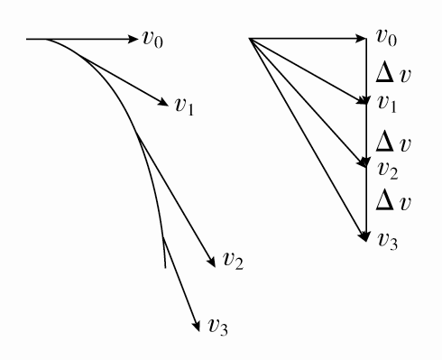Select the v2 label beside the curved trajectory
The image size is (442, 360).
[x=233, y=262]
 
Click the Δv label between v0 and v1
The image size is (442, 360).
[x=393, y=72]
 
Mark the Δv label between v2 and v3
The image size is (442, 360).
[x=393, y=202]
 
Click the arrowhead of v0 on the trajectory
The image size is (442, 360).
[x=133, y=39]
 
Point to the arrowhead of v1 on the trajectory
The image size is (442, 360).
[x=166, y=101]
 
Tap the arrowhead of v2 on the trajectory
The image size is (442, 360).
[x=212, y=258]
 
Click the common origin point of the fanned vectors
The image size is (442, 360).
[x=248, y=39]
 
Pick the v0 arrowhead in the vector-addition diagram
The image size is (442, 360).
[x=364, y=39]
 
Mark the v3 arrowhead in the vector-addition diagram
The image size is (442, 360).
[x=365, y=238]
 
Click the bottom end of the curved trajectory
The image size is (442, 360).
[x=164, y=268]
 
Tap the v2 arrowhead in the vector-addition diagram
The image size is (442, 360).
[x=364, y=165]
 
